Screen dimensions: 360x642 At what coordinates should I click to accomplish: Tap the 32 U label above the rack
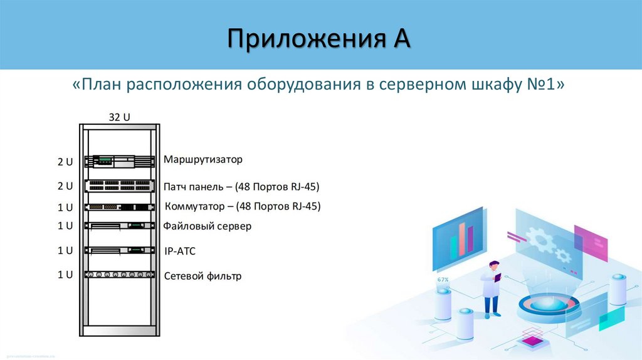coord(118,117)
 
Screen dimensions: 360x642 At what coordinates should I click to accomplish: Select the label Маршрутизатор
coord(203,159)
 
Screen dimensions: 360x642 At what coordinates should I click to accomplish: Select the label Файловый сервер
coord(207,226)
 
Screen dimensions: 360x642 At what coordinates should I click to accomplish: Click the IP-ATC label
coord(180,251)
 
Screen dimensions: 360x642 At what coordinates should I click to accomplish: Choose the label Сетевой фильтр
coord(202,276)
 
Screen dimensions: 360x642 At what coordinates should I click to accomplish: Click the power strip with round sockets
coord(119,274)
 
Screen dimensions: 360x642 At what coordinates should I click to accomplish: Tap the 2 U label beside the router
coord(65,162)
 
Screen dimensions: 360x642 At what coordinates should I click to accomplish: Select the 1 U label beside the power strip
coord(65,274)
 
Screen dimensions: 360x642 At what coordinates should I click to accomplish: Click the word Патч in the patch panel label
coord(174,187)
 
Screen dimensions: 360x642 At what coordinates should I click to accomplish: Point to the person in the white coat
coord(492,289)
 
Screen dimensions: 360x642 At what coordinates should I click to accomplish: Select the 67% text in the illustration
coord(443,279)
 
